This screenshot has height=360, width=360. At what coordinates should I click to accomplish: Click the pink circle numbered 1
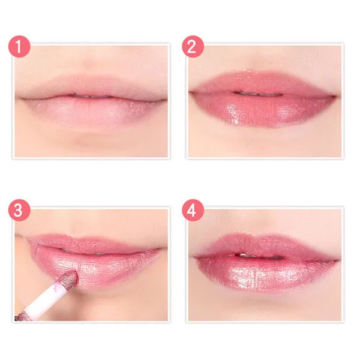click(19, 46)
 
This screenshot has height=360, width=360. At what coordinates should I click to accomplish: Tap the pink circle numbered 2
click(193, 46)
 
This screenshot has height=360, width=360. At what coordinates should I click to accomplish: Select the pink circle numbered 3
click(19, 210)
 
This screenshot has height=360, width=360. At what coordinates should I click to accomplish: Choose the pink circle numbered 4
click(193, 210)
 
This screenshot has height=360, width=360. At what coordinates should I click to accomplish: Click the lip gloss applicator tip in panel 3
click(68, 279)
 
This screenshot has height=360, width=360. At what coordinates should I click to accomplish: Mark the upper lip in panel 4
click(264, 245)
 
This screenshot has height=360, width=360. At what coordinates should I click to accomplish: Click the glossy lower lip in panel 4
click(266, 273)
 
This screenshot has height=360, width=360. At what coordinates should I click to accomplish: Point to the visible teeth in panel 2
click(258, 94)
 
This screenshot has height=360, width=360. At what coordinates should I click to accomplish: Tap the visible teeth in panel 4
click(259, 256)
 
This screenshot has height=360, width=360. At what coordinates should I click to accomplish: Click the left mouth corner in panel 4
click(194, 257)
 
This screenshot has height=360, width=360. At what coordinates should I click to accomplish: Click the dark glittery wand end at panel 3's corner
click(20, 316)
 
